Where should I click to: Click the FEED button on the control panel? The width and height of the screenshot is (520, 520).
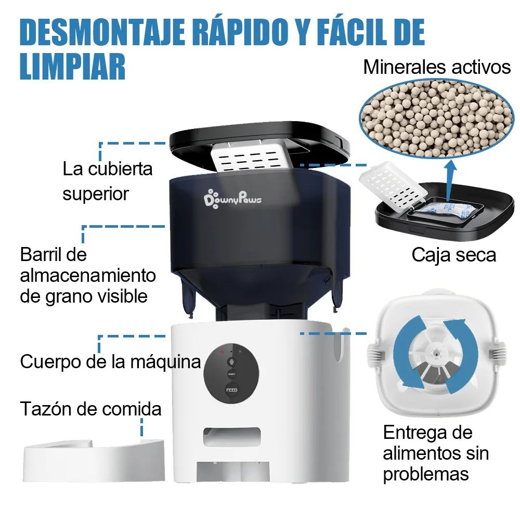(x=231, y=389)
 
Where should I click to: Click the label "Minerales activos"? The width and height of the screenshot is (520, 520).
(x=437, y=67)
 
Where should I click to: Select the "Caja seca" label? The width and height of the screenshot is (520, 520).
(x=453, y=255)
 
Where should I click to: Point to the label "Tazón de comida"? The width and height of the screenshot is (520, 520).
(x=91, y=409)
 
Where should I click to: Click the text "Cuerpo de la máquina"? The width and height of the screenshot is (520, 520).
(x=110, y=361)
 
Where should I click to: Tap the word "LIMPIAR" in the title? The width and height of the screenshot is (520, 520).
(x=73, y=66)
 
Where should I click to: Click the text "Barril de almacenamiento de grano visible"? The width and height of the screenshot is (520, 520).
(x=88, y=276)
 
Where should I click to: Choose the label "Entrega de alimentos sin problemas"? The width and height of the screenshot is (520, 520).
(x=436, y=453)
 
